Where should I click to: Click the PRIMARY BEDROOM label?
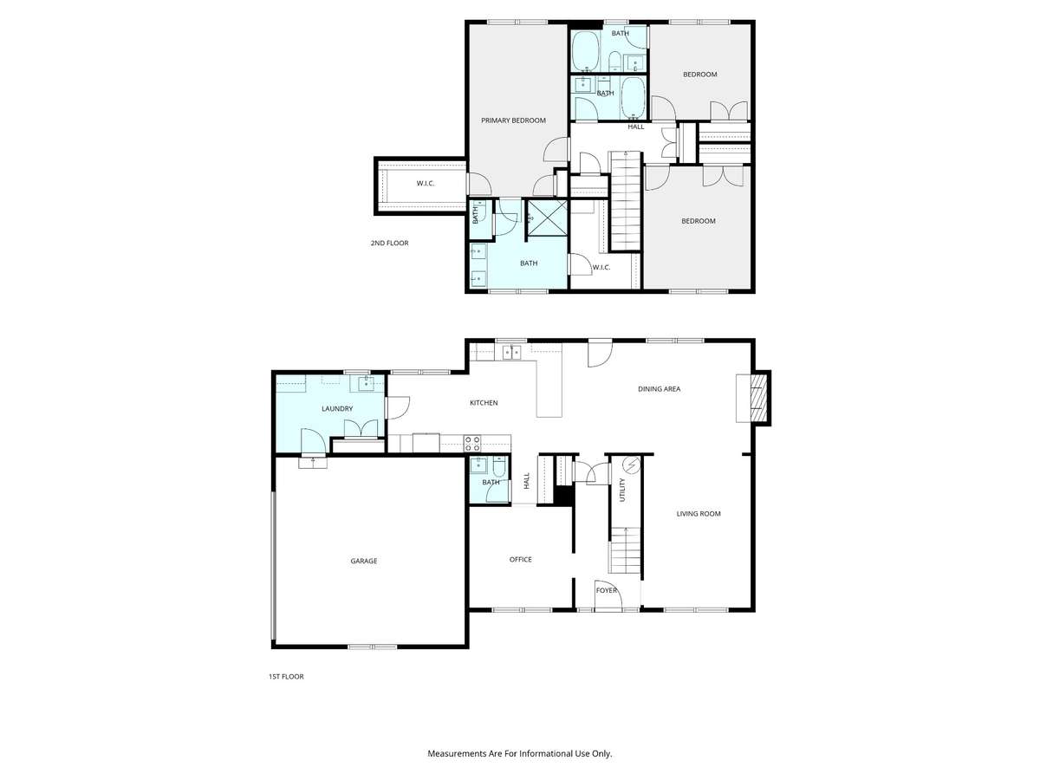513,120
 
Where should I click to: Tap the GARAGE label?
363,561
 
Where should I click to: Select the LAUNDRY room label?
337,408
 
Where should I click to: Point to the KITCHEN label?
484,402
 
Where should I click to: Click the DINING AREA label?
659,389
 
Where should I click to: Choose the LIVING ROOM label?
698,513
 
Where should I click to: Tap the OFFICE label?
520,559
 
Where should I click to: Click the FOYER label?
607,590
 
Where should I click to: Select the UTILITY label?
622,490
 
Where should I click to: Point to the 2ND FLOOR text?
389,243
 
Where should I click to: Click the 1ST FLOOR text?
286,676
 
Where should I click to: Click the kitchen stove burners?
472,443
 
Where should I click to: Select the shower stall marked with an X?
547,218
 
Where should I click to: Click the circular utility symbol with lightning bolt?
632,465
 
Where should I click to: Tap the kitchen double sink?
511,353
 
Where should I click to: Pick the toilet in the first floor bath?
499,466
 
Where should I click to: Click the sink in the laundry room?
366,383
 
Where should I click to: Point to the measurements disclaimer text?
520,753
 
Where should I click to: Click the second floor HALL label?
636,127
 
